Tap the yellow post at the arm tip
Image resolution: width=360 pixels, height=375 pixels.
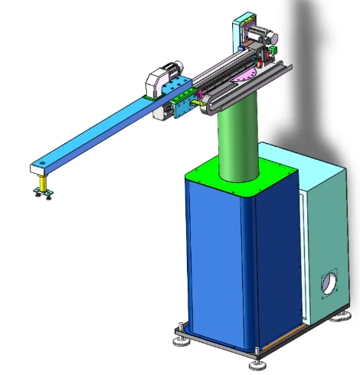44,183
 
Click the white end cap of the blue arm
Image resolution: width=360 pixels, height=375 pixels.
39,166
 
